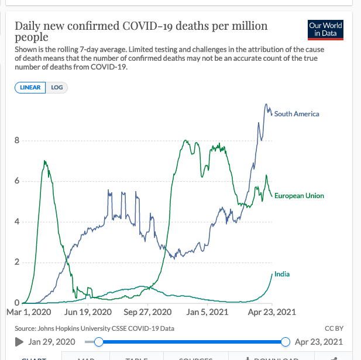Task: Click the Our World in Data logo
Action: coord(325,30)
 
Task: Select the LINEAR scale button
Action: coord(30,88)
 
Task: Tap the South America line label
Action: coord(297,114)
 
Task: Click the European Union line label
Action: coord(299,196)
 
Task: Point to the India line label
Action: coord(282,274)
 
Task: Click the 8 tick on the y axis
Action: coord(18,140)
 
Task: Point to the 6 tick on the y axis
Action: coord(18,181)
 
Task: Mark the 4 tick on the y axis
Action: coord(18,221)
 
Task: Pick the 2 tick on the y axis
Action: coord(18,262)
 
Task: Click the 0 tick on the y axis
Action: coord(18,302)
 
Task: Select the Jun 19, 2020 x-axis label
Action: coord(88,312)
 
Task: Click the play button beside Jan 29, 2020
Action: coord(19,341)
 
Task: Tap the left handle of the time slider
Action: coord(99,341)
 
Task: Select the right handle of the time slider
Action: coord(286,341)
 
